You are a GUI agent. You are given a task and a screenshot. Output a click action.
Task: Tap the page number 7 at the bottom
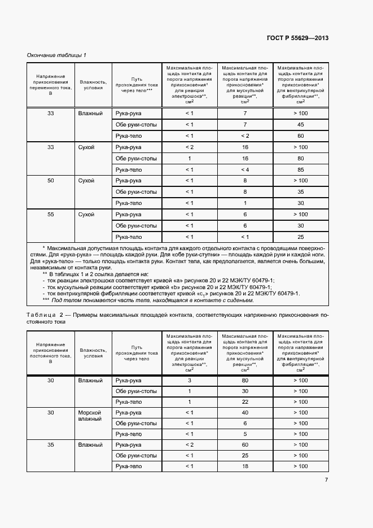pos(327,481)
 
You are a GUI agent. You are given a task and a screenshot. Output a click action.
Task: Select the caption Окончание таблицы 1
pos(56,55)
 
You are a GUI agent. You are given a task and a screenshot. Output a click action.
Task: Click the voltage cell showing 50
pos(51,181)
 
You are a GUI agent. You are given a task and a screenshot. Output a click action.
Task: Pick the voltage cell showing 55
pos(51,215)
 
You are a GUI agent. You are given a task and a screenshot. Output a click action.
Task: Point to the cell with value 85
pos(300,169)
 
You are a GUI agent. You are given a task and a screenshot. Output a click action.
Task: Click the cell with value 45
pos(300,124)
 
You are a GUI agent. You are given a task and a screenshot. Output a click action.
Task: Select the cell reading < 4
pos(245,169)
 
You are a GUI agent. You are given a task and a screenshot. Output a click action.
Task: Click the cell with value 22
pos(245,402)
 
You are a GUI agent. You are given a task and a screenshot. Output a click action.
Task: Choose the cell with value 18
pos(245,466)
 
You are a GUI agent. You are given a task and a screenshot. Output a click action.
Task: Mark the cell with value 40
pos(245,413)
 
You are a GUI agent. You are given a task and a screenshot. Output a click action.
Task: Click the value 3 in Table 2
pos(190,381)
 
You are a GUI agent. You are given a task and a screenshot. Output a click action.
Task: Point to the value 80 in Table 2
pos(245,381)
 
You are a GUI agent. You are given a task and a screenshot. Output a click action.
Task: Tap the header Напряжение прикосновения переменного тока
pos(51,85)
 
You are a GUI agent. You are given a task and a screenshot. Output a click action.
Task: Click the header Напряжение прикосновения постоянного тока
pos(51,352)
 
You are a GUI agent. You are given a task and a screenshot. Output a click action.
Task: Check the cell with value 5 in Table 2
pos(245,434)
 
